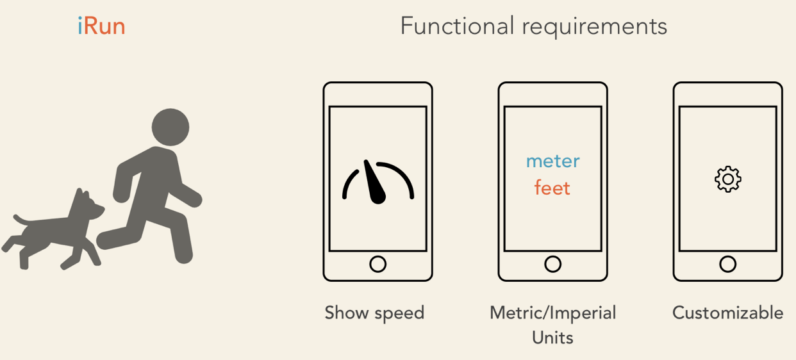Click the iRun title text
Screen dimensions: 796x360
tap(101, 26)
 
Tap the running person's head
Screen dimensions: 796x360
tap(170, 126)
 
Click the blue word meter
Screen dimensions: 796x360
tap(552, 161)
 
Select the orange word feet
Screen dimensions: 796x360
tap(552, 188)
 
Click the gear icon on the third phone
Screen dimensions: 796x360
tap(727, 179)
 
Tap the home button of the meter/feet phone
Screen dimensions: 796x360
tap(552, 263)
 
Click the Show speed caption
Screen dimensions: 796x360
tap(374, 313)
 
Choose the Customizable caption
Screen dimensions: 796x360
tap(727, 313)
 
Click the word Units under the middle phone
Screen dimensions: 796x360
tap(552, 337)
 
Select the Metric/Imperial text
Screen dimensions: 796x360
tap(552, 313)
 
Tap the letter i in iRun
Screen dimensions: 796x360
tap(80, 26)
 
